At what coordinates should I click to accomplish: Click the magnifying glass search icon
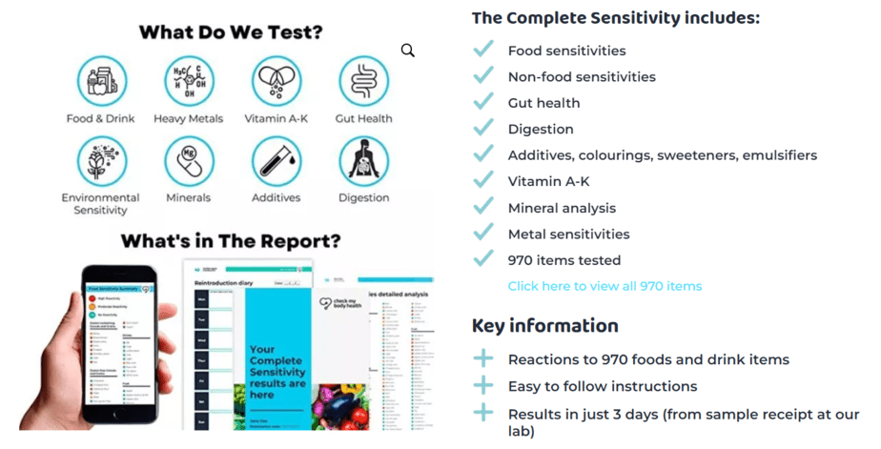pos(408,51)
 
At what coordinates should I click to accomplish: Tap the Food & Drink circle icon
pos(100,80)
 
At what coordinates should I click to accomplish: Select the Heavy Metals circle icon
pos(189,80)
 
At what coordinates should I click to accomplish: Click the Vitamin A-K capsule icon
pos(277,80)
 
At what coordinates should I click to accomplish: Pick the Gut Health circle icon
pos(363,80)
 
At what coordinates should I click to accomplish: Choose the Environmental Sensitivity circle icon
pos(100,160)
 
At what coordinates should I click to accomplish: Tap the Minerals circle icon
pos(189,160)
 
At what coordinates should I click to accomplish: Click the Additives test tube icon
pos(277,160)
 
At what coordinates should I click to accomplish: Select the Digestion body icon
pos(363,160)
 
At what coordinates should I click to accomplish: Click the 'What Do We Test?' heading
pos(231,31)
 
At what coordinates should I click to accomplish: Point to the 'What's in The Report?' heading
pos(230,240)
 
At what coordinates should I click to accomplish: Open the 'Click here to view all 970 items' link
pos(604,286)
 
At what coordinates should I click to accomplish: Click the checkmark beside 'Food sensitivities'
pos(484,50)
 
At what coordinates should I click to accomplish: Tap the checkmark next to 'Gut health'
pos(484,102)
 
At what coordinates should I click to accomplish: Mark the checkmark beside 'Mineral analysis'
pos(484,207)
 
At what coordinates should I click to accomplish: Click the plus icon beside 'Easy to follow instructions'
pos(484,386)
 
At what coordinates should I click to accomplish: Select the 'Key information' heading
pos(544,326)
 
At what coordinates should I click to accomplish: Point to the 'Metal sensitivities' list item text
pos(568,234)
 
